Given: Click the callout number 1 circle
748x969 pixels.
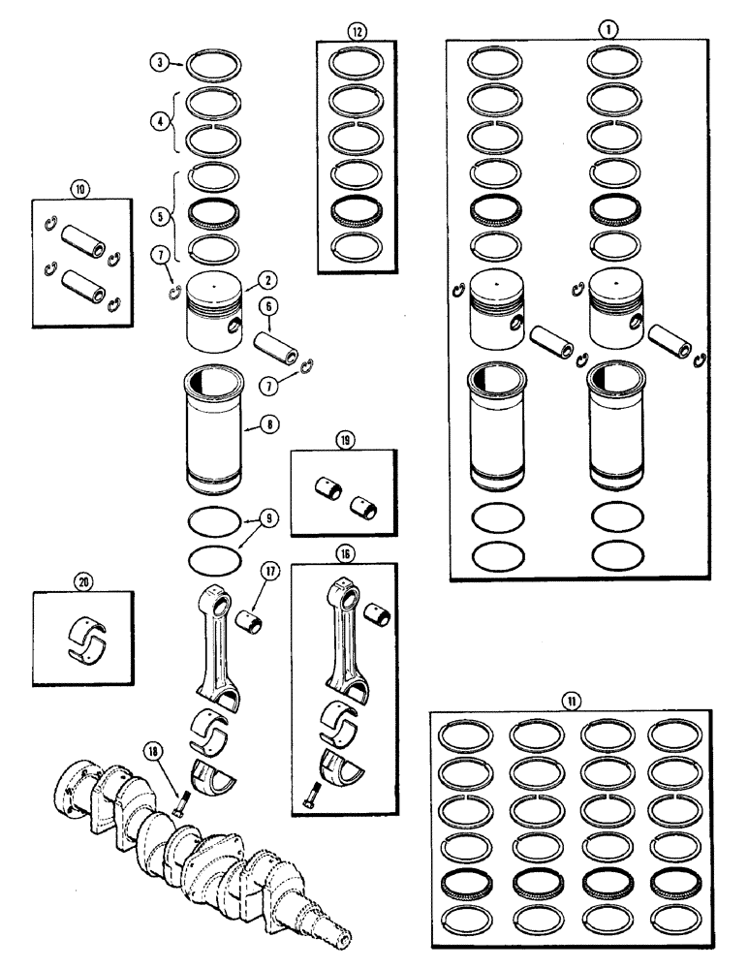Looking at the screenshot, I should point(608,30).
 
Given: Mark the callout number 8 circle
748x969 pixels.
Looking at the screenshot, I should point(264,424).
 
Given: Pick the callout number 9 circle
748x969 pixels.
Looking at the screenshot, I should point(270,519).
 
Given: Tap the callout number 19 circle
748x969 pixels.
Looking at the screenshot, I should point(344,440).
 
